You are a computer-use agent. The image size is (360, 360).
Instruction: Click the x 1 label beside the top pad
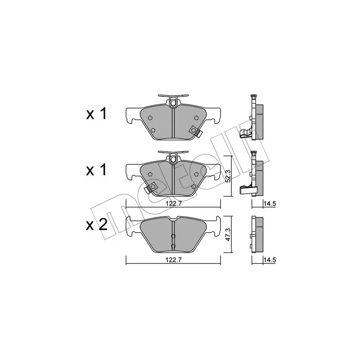click(96, 113)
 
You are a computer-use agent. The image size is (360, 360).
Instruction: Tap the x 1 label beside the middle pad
click(96, 170)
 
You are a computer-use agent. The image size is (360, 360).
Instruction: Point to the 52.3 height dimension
click(228, 176)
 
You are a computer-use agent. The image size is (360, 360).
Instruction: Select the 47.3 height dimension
click(227, 234)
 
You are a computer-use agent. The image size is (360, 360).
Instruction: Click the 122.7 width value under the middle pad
click(173, 203)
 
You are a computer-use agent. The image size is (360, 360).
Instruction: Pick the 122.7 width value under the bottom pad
click(173, 260)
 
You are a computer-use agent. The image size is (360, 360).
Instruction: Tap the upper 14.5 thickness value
click(269, 204)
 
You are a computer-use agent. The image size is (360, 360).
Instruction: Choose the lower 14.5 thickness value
click(269, 260)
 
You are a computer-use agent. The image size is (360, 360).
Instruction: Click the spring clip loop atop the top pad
click(173, 102)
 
